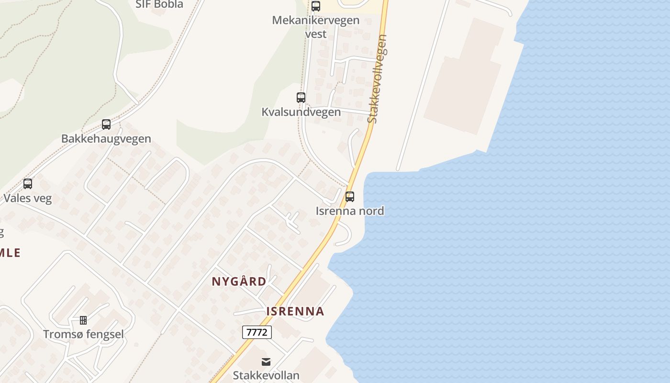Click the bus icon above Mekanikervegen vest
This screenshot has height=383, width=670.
(316, 6)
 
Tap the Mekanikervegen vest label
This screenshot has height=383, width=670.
(315, 27)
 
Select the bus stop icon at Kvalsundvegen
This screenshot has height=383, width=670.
(301, 98)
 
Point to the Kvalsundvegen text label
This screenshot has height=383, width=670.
(301, 112)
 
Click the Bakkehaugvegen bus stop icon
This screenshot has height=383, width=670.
(106, 124)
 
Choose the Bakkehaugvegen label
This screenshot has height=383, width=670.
(106, 139)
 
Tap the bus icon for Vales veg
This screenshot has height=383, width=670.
(28, 184)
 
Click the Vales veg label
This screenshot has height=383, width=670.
(28, 198)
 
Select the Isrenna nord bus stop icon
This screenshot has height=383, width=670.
(350, 197)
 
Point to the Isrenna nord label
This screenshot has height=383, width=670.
(350, 211)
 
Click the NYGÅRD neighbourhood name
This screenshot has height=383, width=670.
(239, 282)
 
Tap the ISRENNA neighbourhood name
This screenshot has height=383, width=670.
(295, 311)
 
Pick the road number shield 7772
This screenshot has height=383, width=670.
(257, 332)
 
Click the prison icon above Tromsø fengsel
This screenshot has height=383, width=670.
(83, 320)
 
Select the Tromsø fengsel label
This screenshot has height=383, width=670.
(83, 334)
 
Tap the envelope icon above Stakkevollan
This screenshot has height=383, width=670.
(266, 361)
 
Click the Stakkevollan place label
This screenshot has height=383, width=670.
(266, 375)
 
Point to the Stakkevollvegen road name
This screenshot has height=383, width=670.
(378, 79)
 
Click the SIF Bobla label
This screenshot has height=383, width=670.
(160, 5)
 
